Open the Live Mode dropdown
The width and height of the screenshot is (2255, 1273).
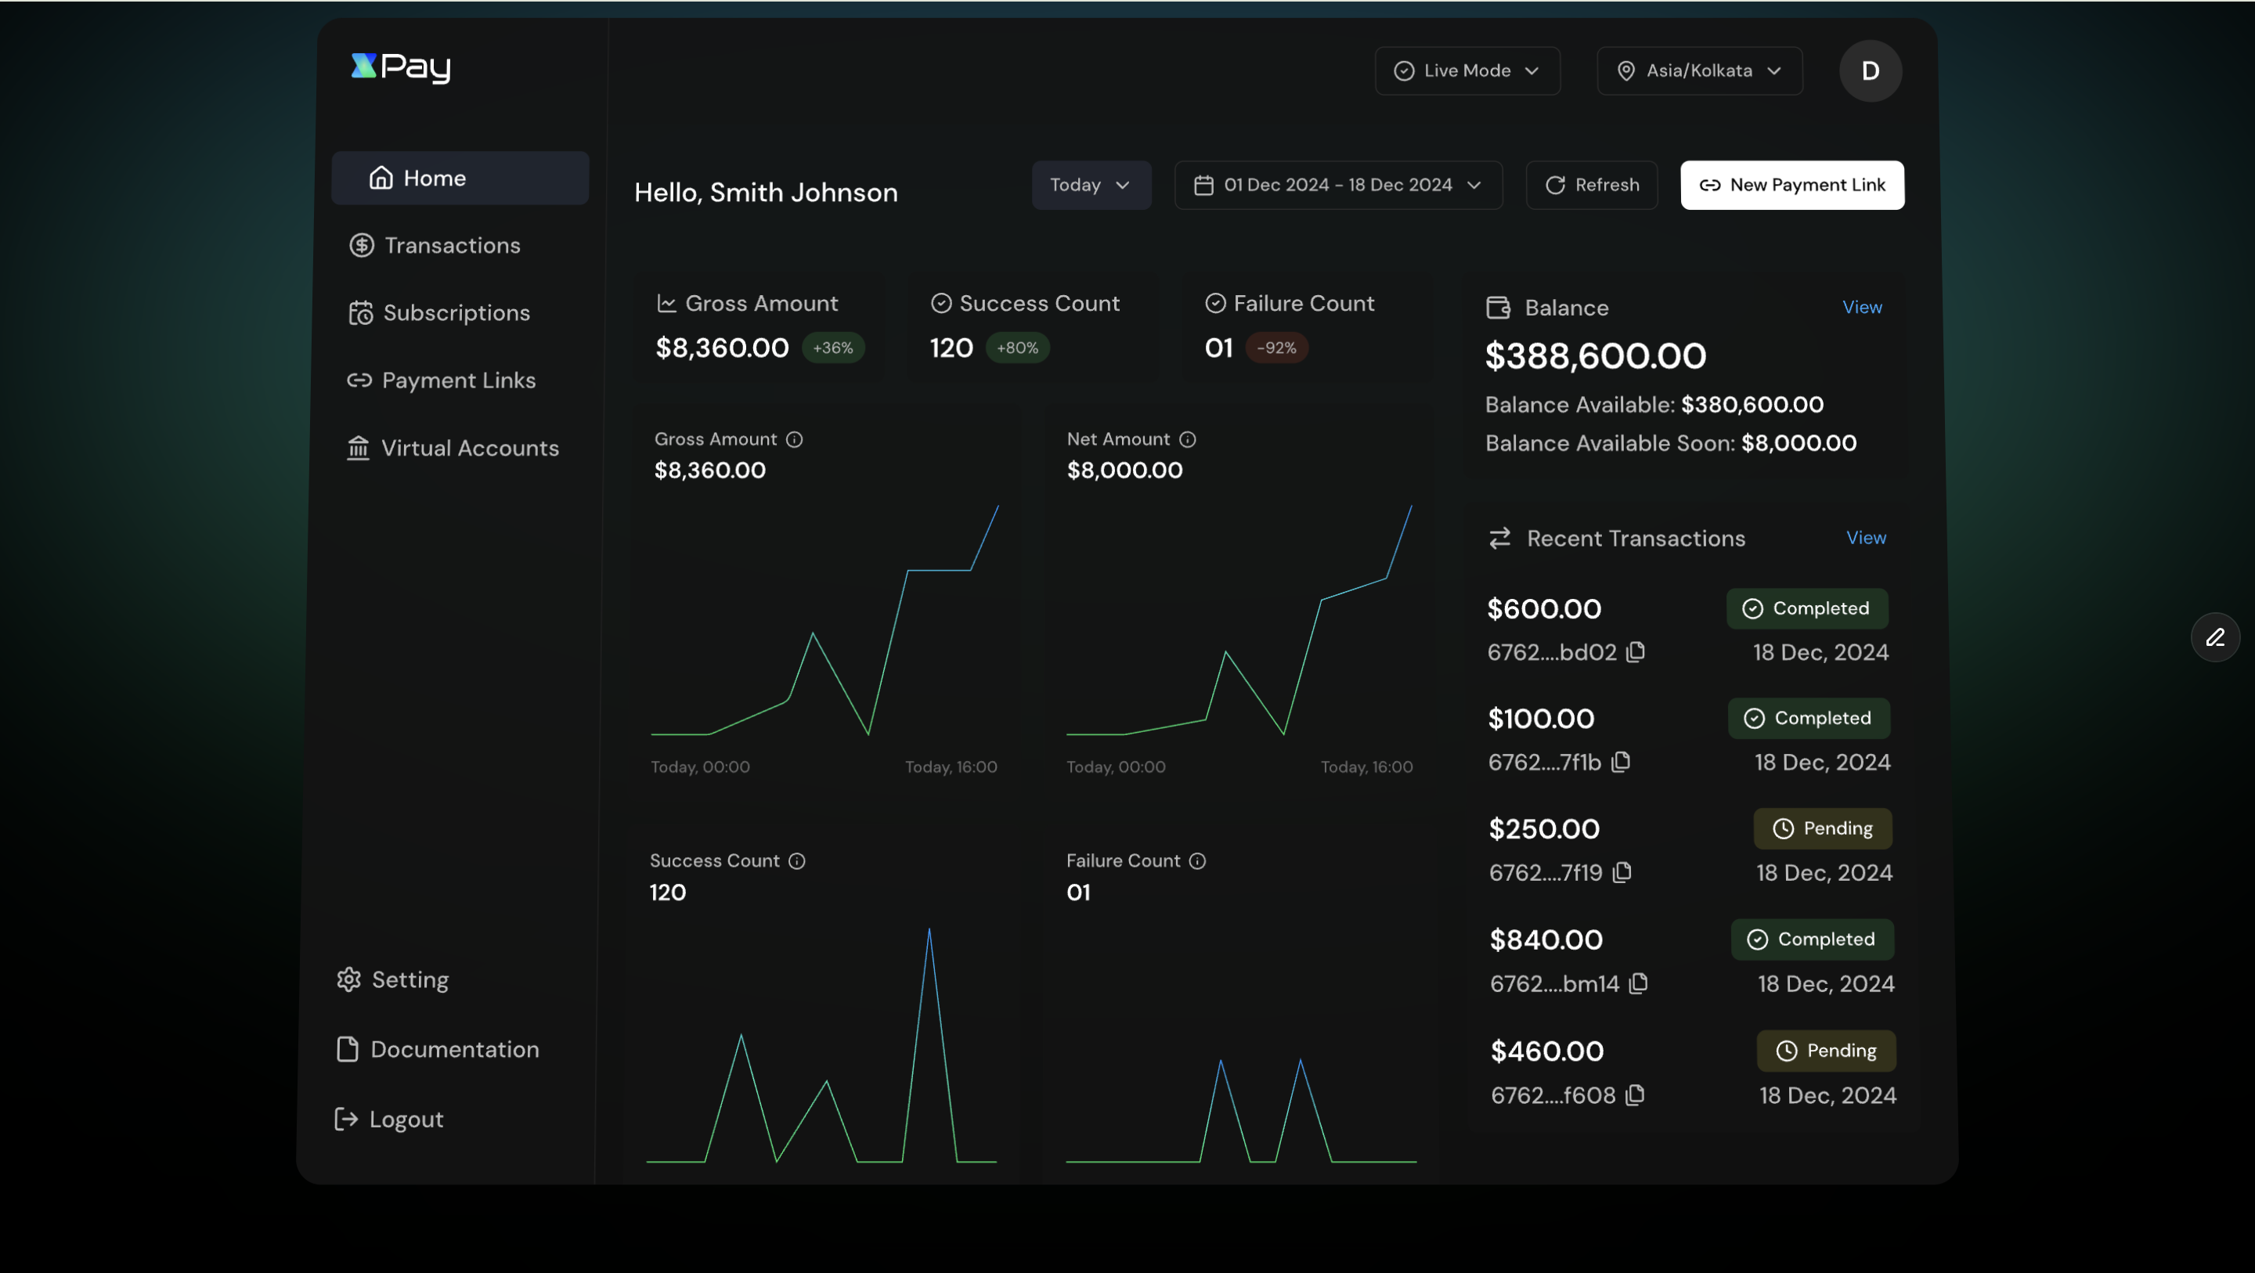pyautogui.click(x=1467, y=71)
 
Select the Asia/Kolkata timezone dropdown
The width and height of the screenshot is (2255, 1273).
pyautogui.click(x=1698, y=71)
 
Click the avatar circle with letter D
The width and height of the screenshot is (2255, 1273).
pyautogui.click(x=1869, y=71)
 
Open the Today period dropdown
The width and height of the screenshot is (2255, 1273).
pyautogui.click(x=1090, y=185)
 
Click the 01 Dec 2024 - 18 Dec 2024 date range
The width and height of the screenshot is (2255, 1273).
pyautogui.click(x=1337, y=185)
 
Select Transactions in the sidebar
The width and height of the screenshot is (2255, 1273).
pyautogui.click(x=452, y=245)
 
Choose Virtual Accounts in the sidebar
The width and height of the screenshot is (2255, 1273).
pyautogui.click(x=469, y=449)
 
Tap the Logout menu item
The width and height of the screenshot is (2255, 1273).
pyautogui.click(x=406, y=1119)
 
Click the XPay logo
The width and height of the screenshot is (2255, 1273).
pyautogui.click(x=401, y=67)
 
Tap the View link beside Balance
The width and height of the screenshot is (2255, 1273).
pyautogui.click(x=1861, y=308)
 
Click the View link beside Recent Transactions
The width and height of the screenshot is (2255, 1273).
pyautogui.click(x=1865, y=538)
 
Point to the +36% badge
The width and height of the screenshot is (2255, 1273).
pyautogui.click(x=832, y=348)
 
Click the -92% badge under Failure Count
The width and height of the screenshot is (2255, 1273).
pyautogui.click(x=1276, y=348)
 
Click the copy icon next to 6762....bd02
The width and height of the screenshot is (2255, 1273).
pyautogui.click(x=1635, y=652)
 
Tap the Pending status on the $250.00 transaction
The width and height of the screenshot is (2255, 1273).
pyautogui.click(x=1823, y=828)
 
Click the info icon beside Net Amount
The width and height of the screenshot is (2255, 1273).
pyautogui.click(x=1187, y=439)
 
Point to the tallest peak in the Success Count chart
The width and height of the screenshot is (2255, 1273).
pyautogui.click(x=929, y=931)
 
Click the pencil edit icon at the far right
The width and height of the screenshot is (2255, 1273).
pyautogui.click(x=2215, y=637)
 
